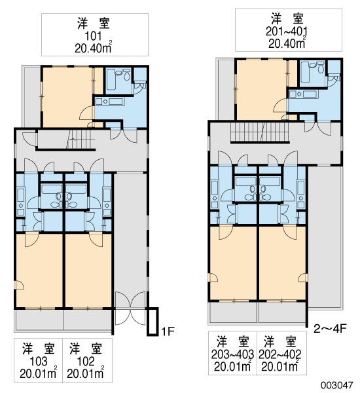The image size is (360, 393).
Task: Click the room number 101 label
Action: coord(93,36)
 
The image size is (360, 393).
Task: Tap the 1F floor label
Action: coord(168,331)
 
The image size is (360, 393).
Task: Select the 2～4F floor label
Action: coord(330,328)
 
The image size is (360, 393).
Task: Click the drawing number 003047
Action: coord(337,384)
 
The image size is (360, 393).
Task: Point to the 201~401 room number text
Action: coord(286,31)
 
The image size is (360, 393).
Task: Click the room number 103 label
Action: coord(38,362)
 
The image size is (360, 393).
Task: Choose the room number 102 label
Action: coord(86,362)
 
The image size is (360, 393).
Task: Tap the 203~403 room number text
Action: coord(232,354)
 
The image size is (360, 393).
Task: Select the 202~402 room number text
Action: coord(280,354)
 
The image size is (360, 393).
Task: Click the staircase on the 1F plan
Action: coord(81,140)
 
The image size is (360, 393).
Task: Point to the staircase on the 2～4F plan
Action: coord(260,132)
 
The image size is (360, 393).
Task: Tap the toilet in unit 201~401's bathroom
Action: coord(321,68)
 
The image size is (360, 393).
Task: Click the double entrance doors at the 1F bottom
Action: coord(130,309)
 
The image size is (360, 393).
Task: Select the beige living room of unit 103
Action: coord(39,270)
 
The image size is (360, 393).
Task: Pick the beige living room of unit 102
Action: coord(88,270)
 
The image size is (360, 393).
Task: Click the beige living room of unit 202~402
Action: coord(282,263)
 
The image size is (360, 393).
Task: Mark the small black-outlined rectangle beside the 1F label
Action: coord(153,322)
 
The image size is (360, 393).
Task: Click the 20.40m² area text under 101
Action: coord(93,48)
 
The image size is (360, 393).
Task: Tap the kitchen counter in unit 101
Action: coord(109,102)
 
